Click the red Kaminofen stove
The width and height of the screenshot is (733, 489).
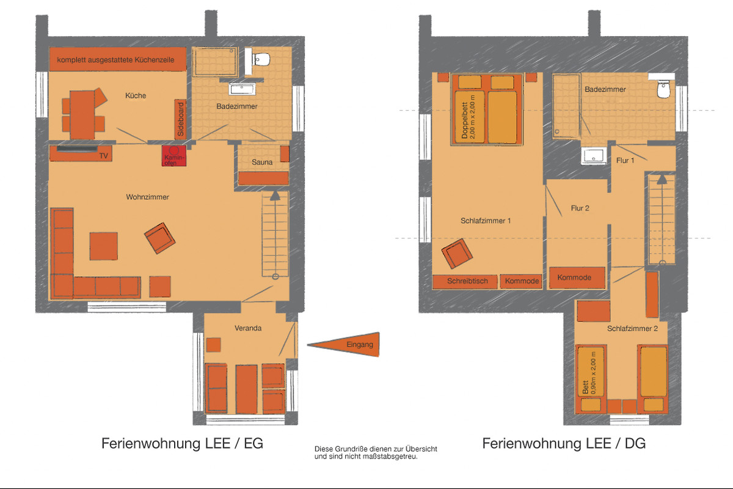point(173,156)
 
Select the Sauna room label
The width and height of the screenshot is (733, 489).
point(262,162)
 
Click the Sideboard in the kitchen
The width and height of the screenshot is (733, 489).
point(180,119)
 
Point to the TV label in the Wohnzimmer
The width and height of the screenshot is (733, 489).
point(104,156)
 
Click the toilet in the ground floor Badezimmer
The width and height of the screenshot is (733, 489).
point(262,60)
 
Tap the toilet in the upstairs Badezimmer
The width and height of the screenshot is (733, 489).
point(663,89)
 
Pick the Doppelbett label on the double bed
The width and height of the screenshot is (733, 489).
point(464,120)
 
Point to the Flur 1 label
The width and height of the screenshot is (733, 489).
point(625,161)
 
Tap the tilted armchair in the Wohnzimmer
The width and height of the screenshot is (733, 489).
point(159,238)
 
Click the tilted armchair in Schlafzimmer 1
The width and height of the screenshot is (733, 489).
point(457,254)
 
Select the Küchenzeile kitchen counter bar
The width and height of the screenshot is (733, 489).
point(118,59)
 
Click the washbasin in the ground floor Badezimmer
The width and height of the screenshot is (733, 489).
point(242,89)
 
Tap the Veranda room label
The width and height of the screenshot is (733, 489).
point(248,328)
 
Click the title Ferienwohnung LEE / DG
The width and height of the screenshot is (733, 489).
point(564,444)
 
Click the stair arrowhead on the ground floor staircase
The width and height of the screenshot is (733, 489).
point(275,196)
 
